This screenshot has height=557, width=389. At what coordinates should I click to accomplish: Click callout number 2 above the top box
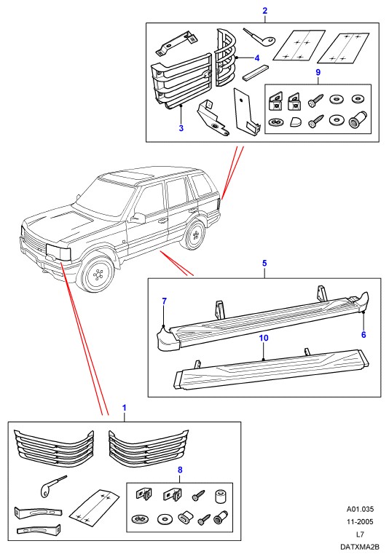point(264,11)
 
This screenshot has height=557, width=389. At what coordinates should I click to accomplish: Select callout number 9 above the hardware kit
point(318,72)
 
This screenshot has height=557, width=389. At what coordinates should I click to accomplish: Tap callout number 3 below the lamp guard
point(181,128)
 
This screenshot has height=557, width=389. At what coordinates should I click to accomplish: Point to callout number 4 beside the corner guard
point(257,58)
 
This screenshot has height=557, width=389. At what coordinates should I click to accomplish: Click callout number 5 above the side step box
point(264,264)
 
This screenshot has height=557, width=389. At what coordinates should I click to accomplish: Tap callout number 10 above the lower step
point(264,338)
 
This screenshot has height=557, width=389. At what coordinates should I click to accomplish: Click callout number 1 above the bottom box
point(125,408)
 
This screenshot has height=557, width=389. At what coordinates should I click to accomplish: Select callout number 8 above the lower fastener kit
point(180,470)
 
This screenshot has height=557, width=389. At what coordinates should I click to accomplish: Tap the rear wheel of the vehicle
point(194,234)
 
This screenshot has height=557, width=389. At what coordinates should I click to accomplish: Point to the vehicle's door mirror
point(138,218)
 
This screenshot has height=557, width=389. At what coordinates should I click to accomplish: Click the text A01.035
point(360,509)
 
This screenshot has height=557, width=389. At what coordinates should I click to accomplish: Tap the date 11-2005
point(360,521)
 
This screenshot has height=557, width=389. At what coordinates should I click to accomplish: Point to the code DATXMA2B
point(360,546)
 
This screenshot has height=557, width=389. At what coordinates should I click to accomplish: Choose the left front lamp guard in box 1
point(54,448)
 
